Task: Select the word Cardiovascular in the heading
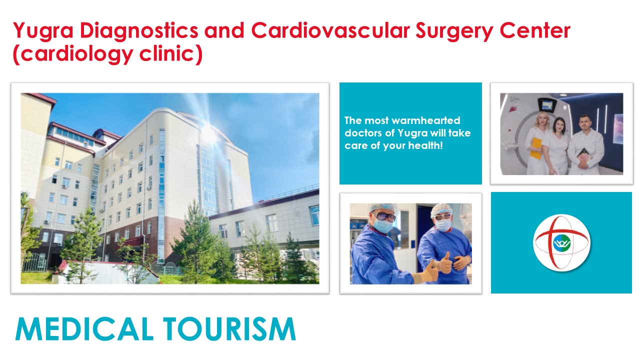click(330, 30)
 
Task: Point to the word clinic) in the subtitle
click(171, 54)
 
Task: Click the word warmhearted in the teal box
click(426, 120)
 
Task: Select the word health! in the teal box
click(425, 145)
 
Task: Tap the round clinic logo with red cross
click(561, 242)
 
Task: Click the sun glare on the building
click(209, 133)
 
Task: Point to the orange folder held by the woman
click(535, 148)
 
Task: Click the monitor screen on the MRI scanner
click(545, 105)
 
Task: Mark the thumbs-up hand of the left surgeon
click(429, 271)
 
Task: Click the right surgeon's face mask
click(443, 225)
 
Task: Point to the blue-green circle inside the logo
click(561, 243)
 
